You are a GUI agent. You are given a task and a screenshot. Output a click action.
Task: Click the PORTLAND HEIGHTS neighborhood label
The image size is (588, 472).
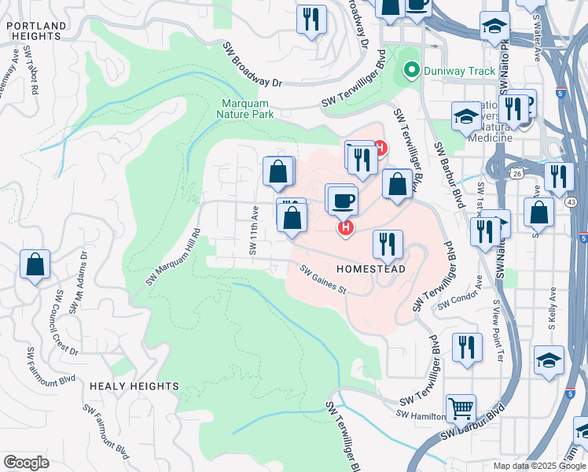36,31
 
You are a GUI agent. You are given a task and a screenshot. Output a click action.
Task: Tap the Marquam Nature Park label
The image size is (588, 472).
246,109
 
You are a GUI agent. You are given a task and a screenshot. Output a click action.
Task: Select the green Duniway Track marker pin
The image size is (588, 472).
410,71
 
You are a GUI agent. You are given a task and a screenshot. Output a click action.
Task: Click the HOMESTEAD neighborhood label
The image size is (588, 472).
370,269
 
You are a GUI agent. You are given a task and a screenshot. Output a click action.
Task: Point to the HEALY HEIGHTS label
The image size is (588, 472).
134,386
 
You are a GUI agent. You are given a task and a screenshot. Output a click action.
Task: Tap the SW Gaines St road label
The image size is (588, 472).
323,278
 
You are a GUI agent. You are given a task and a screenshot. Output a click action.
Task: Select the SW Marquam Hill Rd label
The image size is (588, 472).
174,257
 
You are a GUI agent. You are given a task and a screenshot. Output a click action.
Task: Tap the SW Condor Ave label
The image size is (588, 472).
458,301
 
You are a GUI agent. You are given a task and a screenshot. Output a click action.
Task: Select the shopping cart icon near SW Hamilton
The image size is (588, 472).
461,407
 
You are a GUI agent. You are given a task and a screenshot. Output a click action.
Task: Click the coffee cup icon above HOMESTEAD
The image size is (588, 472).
343,200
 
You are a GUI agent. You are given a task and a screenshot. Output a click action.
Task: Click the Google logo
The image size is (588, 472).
27,463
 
